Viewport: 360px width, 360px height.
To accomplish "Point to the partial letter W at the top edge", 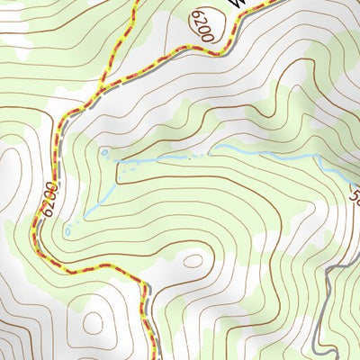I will (237, 4).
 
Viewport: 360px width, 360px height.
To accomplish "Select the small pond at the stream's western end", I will (107, 155).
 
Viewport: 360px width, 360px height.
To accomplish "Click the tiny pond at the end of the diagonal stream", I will (68, 230).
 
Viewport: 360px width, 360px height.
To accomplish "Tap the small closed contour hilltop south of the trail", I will (192, 262).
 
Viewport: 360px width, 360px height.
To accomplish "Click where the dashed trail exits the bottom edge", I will (148, 357).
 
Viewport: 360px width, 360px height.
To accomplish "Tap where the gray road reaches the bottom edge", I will (314, 357).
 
